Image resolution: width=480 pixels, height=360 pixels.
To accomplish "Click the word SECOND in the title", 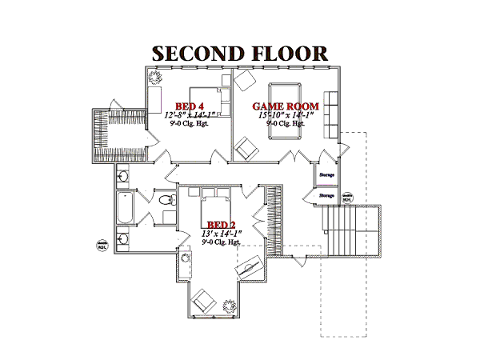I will pyautogui.click(x=196, y=54).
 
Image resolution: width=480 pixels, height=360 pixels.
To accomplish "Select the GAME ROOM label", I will pyautogui.click(x=286, y=106).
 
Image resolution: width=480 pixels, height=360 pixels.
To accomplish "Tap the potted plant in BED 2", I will pyautogui.click(x=230, y=305).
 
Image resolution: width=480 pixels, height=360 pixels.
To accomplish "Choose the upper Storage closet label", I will pyautogui.click(x=326, y=174).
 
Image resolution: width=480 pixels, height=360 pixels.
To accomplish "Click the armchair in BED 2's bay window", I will pyautogui.click(x=201, y=301).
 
